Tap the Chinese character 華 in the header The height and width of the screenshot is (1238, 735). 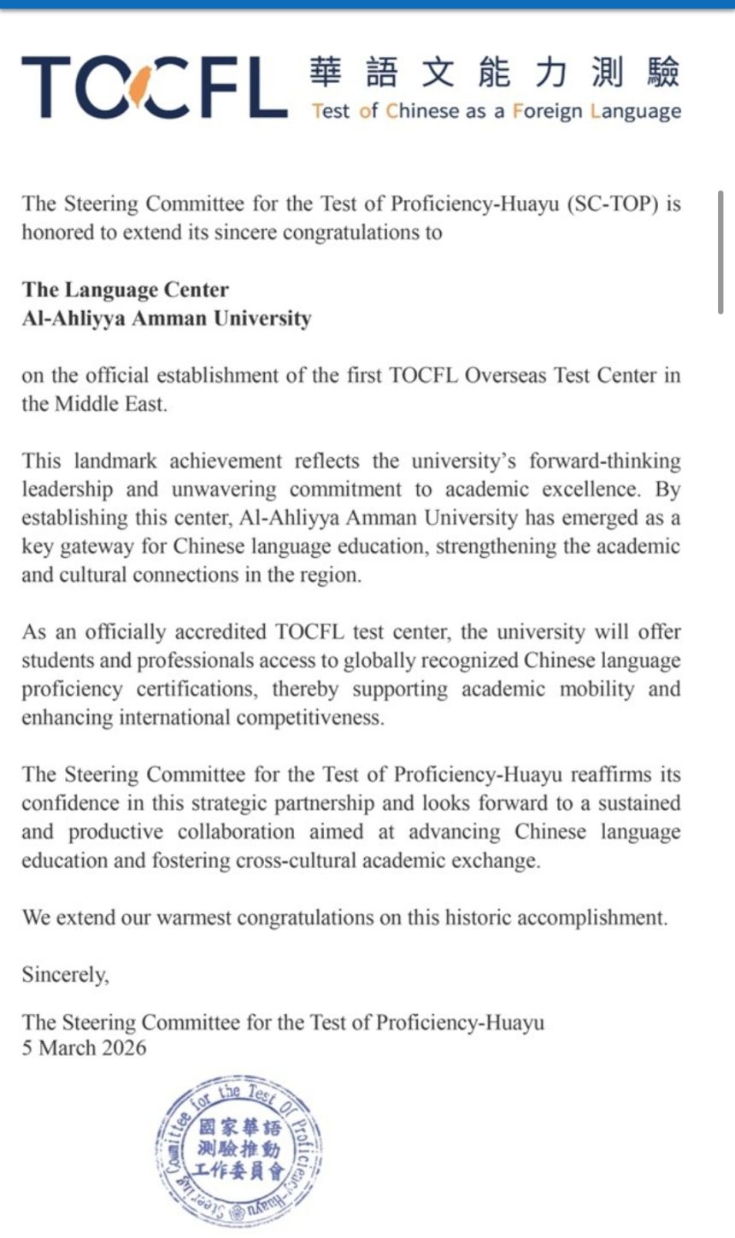pos(326,73)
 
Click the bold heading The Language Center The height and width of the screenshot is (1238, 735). pos(126,290)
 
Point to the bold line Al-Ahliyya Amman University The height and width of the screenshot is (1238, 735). pos(167,319)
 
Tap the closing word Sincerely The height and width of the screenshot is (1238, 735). pos(65,974)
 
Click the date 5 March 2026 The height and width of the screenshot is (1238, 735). pos(84,1047)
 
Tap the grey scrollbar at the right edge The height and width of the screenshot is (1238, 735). pos(721,252)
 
